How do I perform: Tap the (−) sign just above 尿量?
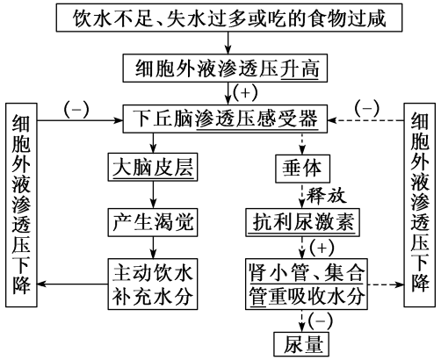tap(320, 318)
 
